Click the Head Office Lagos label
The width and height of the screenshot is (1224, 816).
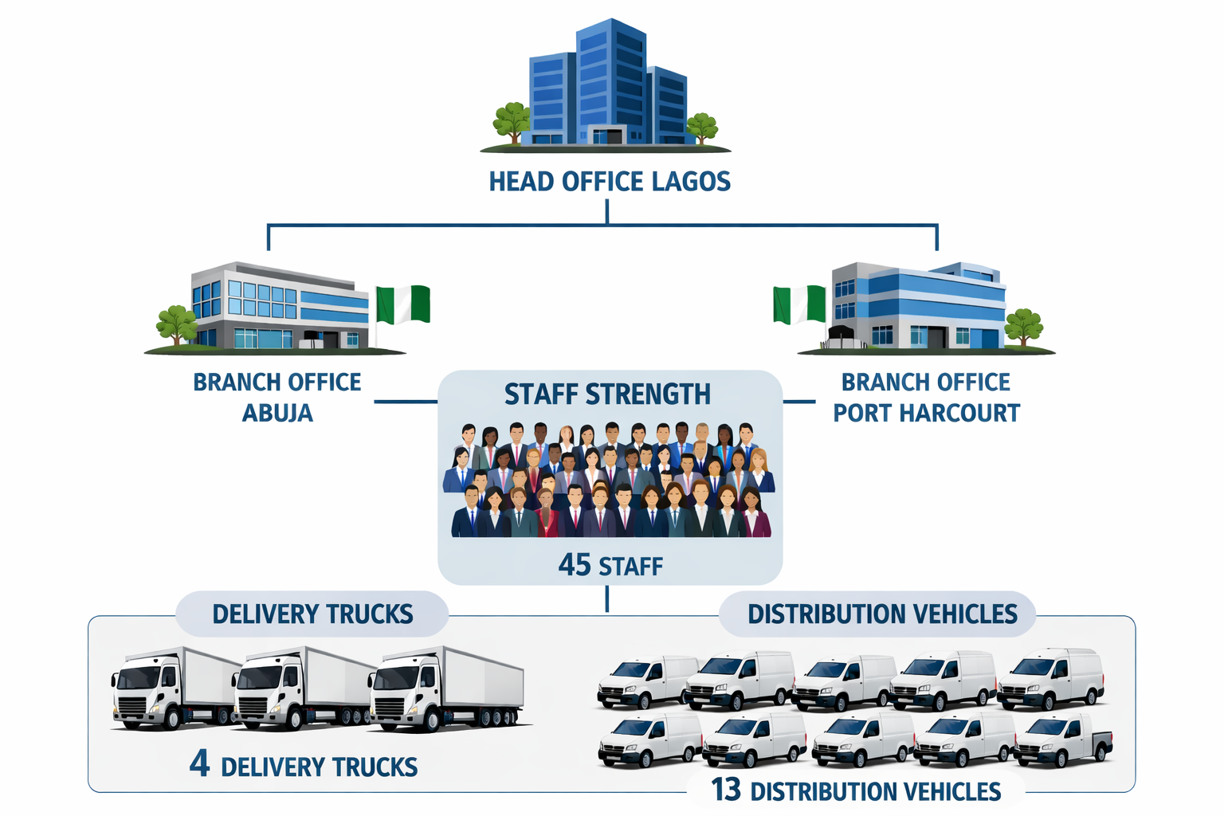pos(610,182)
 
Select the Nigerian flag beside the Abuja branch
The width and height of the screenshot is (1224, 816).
pos(403,304)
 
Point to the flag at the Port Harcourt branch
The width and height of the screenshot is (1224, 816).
pos(799,304)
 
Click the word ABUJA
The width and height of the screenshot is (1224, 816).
pos(277,414)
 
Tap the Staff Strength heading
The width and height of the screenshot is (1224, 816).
pos(607,394)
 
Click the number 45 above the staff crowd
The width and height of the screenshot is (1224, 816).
pos(575,565)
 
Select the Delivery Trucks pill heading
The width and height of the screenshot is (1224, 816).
pos(312,614)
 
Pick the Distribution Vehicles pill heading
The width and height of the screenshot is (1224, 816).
pos(882,614)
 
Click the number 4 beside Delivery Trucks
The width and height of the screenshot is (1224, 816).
pos(199,764)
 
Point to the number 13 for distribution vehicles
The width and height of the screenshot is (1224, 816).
pos(726,790)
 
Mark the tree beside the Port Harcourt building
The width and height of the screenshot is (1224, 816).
pos(1023,324)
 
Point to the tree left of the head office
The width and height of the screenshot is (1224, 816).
pos(512,121)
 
